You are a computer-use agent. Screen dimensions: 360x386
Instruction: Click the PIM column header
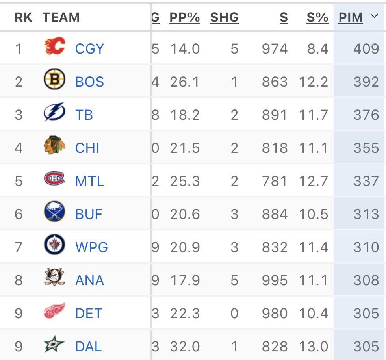click(x=351, y=17)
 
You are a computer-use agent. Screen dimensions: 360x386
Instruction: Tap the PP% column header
click(x=185, y=17)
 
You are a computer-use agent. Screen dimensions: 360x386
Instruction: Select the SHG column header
click(x=225, y=17)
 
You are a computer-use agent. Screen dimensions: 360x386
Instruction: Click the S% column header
click(x=317, y=17)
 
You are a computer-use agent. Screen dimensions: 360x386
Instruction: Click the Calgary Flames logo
click(x=54, y=46)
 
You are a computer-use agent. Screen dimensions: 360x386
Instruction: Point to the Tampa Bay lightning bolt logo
click(x=54, y=113)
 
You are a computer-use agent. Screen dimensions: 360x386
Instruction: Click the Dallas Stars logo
click(x=54, y=345)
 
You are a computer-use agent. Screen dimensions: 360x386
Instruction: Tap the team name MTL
click(x=89, y=181)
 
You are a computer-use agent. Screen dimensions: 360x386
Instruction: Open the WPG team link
click(x=91, y=247)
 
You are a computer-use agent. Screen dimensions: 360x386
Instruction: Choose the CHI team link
click(x=87, y=148)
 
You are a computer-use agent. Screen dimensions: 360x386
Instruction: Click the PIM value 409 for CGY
click(x=366, y=49)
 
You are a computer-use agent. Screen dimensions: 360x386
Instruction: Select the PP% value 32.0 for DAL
click(x=185, y=347)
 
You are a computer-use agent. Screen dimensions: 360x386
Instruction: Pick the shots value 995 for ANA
click(x=275, y=280)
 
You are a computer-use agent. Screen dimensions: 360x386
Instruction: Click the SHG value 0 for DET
click(x=234, y=314)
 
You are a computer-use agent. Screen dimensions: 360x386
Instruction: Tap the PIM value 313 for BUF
click(x=366, y=214)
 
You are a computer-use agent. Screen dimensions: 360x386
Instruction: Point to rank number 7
click(x=19, y=247)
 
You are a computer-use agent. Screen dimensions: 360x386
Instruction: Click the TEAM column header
click(x=61, y=17)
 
